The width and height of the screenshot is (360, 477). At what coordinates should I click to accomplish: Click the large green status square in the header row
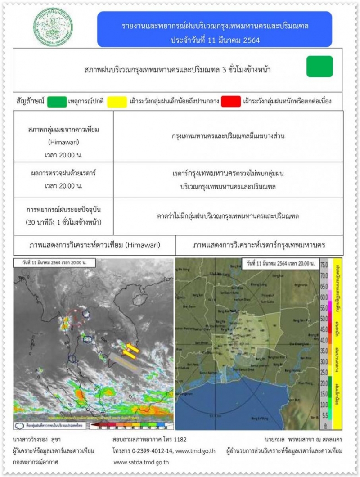[319, 67]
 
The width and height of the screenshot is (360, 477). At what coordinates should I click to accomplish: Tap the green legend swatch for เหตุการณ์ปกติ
[57, 101]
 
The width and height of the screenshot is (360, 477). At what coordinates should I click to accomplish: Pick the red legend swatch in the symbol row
[230, 101]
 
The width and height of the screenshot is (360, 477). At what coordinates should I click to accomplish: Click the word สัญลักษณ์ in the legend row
[29, 101]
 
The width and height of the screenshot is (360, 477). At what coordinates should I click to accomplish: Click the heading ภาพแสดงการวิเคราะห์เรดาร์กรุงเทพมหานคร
[259, 246]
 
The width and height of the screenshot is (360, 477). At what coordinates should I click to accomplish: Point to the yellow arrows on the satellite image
[130, 351]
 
